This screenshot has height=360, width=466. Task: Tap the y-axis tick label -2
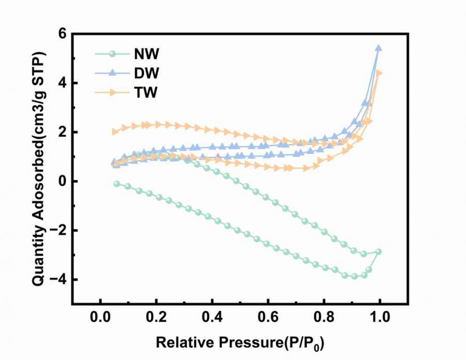tap(59, 231)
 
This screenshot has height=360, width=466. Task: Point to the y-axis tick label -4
tap(59, 280)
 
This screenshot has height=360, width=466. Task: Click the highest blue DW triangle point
tap(378, 48)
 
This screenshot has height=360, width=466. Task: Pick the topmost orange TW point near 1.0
tap(379, 73)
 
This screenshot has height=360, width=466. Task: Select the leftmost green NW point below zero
tap(116, 184)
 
